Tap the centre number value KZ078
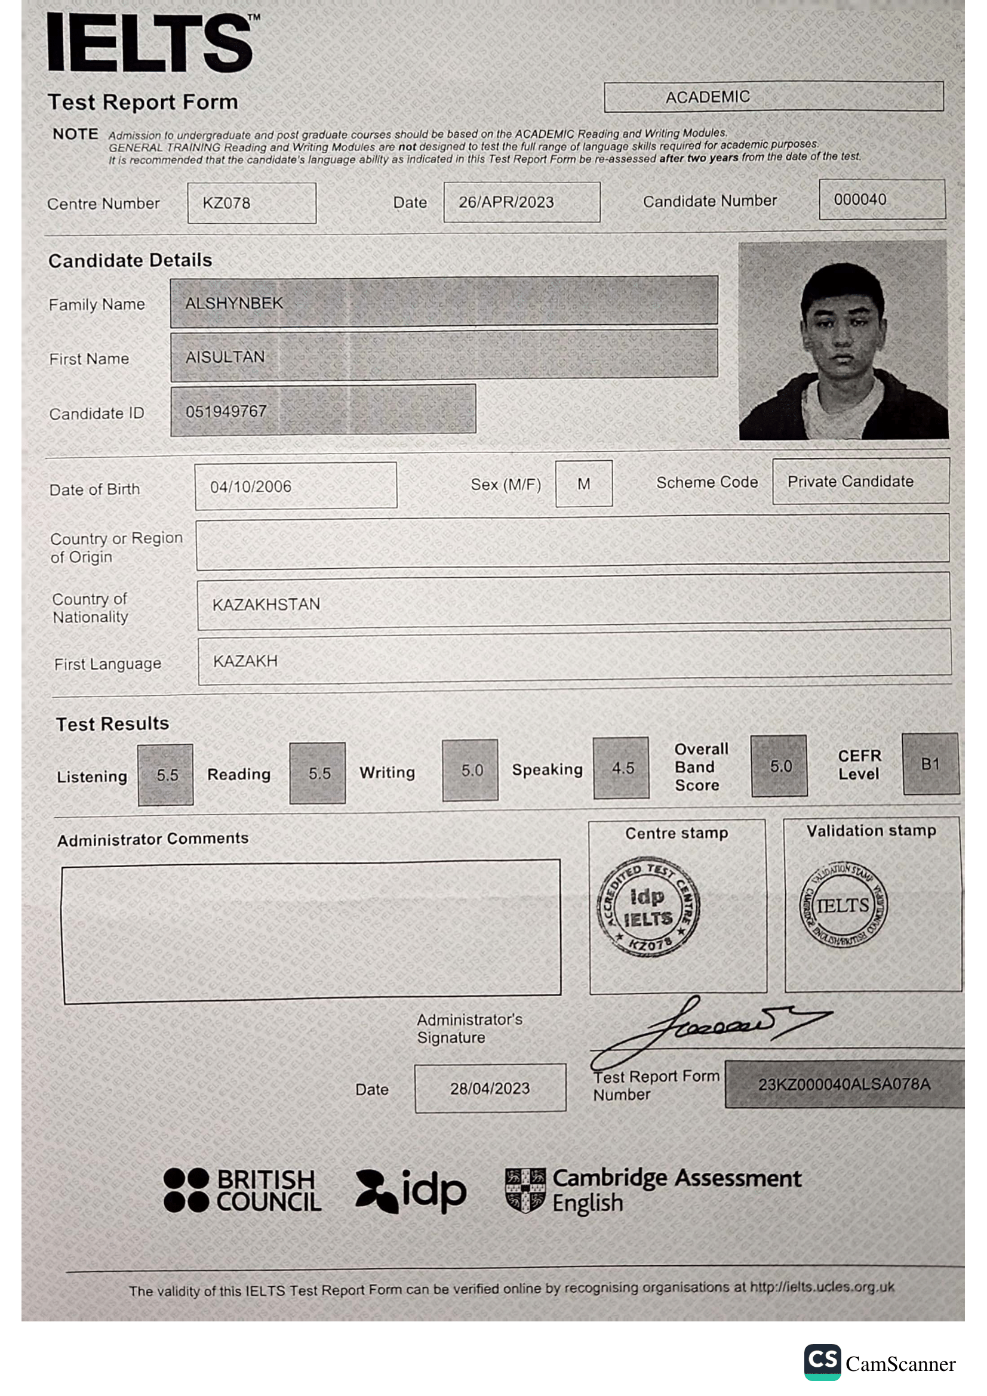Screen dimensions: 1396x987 tap(226, 203)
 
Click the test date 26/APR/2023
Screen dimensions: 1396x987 tap(506, 202)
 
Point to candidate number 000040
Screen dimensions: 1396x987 tap(860, 199)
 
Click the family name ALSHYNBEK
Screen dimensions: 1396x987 tap(234, 303)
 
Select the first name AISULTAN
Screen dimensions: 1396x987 tap(225, 357)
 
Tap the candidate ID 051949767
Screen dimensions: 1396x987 tap(226, 412)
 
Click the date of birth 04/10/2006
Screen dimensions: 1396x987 tap(251, 486)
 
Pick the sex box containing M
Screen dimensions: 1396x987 tap(584, 484)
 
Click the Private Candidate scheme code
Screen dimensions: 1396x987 tap(850, 482)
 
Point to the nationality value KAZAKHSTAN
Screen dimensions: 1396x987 tap(266, 605)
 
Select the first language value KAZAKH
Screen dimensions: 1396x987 tap(245, 661)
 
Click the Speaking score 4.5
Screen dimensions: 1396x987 tap(622, 768)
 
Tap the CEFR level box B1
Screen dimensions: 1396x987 tap(930, 765)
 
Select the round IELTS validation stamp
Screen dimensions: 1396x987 tap(843, 905)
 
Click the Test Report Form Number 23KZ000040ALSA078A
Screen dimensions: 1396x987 tap(844, 1084)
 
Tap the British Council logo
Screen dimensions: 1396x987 tap(242, 1190)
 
